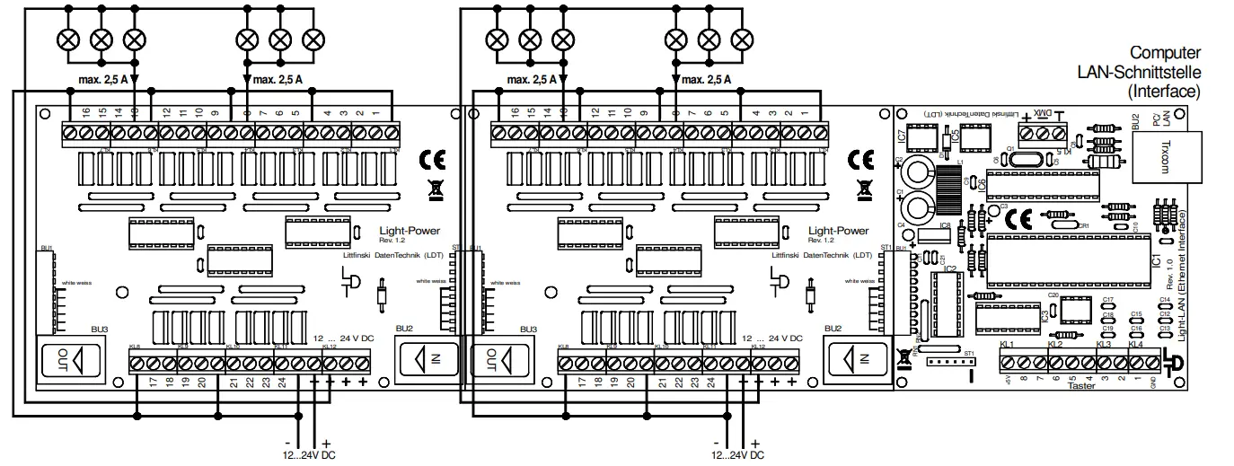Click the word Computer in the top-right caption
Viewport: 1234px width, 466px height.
tap(1165, 53)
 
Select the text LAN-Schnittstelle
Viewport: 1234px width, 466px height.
tap(1141, 72)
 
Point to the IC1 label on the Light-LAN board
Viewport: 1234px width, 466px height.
tap(1157, 260)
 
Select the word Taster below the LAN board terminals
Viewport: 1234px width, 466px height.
tap(1084, 386)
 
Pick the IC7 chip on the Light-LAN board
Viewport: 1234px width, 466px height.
tap(921, 140)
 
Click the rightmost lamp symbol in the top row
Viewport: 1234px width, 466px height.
tap(742, 40)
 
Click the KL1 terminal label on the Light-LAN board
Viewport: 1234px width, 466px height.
tap(1007, 344)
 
